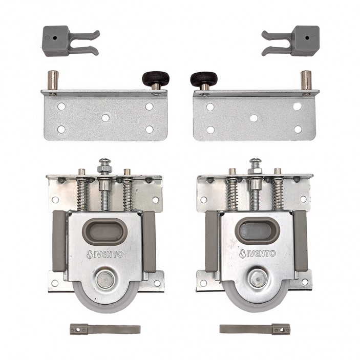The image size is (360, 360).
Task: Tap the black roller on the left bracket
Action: click(152, 78)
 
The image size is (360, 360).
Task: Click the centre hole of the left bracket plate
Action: click(105, 117)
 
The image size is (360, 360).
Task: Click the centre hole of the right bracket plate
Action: click(253, 118)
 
